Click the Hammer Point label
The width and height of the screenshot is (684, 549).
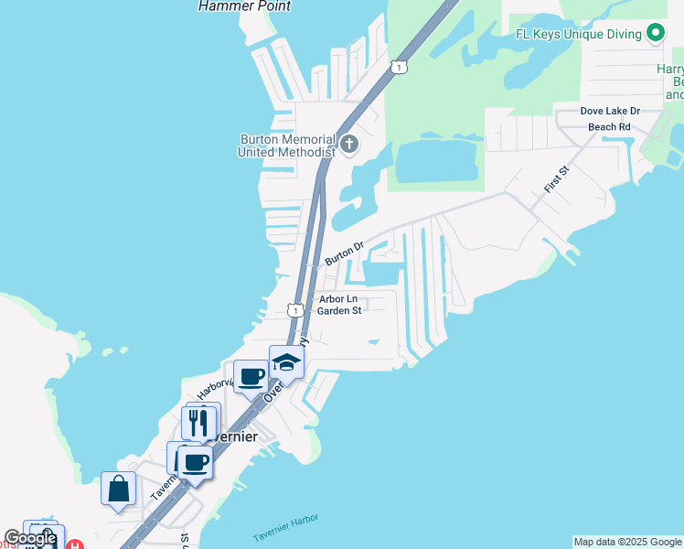point(245,6)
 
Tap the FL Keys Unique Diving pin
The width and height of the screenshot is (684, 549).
point(655,34)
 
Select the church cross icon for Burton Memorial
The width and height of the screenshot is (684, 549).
point(348,144)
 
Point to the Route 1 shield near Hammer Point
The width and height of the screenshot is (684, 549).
point(398,67)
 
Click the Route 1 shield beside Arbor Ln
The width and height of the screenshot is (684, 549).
point(295,310)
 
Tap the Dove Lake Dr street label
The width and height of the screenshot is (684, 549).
point(610,111)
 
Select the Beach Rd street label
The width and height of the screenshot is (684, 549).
point(609,126)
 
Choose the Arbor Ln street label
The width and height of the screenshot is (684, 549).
point(338,298)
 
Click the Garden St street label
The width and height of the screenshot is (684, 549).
point(339,310)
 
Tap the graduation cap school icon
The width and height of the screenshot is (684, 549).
point(286,362)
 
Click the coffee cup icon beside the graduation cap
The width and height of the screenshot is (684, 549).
point(251,375)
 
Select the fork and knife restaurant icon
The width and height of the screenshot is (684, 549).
point(198,422)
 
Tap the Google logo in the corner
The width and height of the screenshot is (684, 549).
point(30,538)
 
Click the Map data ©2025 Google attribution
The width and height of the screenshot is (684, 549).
point(627,542)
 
